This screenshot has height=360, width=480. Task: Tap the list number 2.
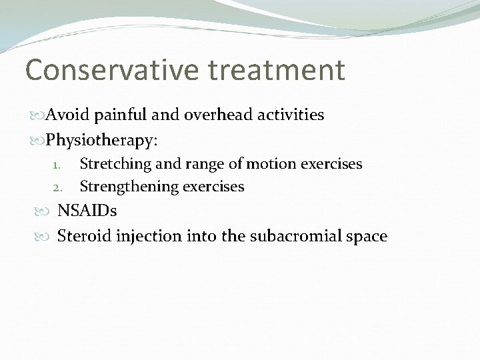point(57,187)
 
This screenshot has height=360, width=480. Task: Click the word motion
point(263,164)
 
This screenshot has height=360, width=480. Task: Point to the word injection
point(145,236)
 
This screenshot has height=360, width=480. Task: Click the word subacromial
point(296,236)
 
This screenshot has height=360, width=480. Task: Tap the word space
point(367,237)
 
